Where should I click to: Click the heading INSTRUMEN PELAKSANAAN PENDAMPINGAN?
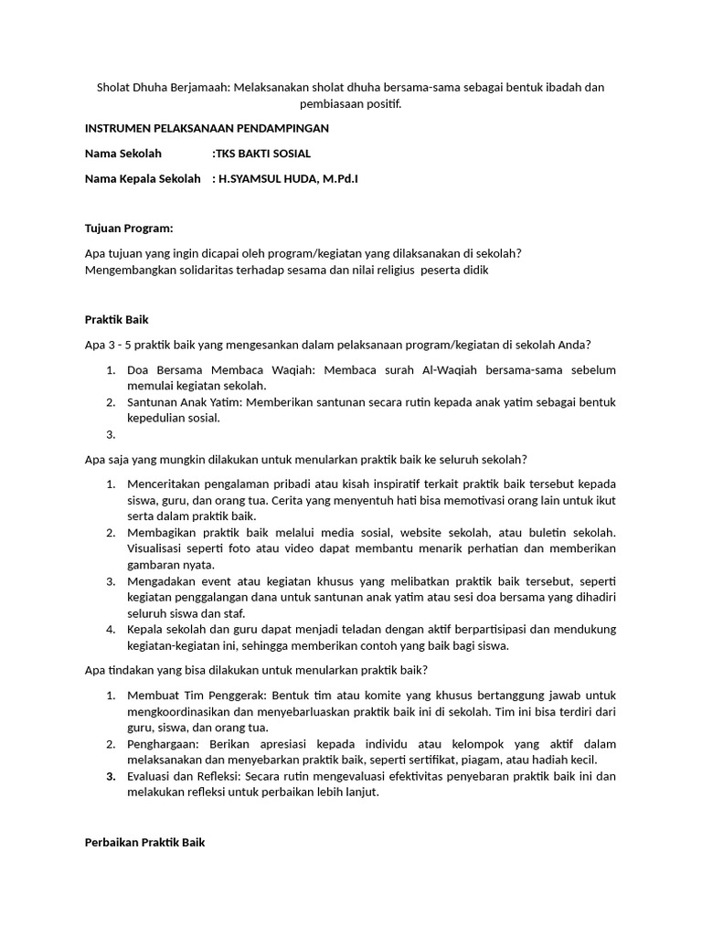pyautogui.click(x=207, y=129)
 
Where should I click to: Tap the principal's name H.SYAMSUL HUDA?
pyautogui.click(x=263, y=178)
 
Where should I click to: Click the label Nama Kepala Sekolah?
pyautogui.click(x=142, y=178)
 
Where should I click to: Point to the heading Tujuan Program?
pyautogui.click(x=129, y=228)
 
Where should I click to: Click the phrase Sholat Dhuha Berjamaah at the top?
pyautogui.click(x=164, y=88)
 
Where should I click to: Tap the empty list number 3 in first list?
pyautogui.click(x=110, y=435)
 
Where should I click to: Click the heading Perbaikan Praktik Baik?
pyautogui.click(x=145, y=842)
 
